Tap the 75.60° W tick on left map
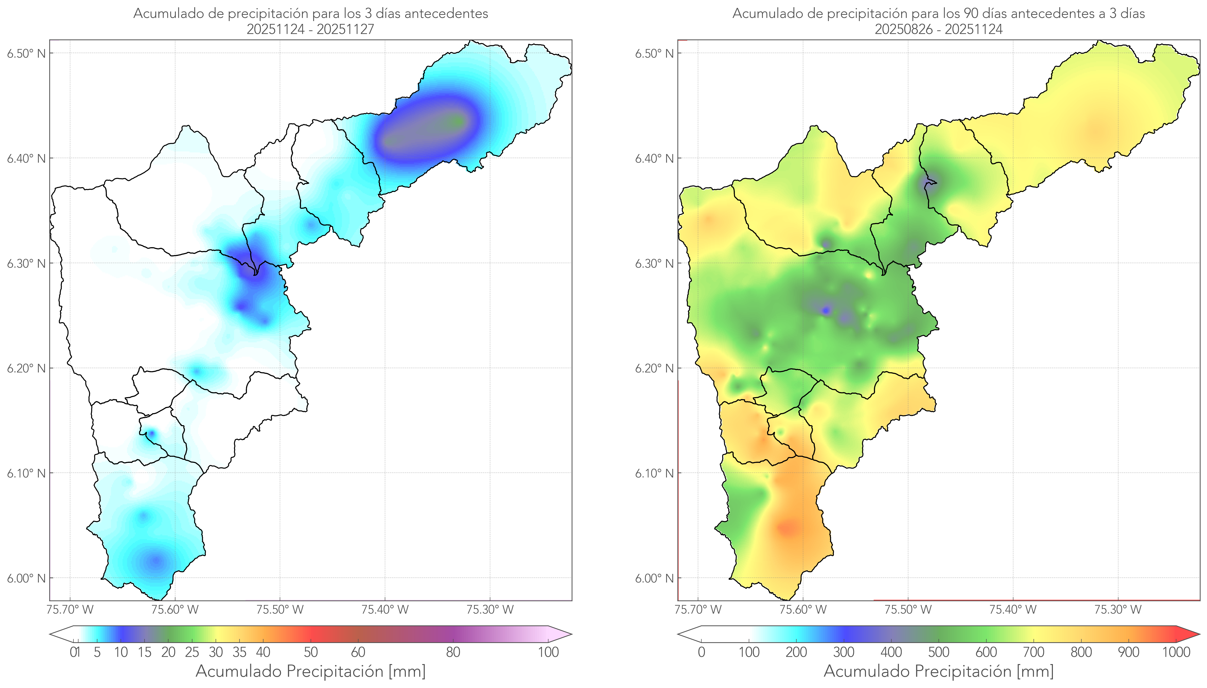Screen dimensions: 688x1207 [175, 610]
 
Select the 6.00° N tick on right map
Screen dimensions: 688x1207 [654, 578]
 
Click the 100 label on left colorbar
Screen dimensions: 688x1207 [548, 652]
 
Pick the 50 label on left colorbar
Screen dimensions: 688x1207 [311, 652]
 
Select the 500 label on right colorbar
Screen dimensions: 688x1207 [939, 652]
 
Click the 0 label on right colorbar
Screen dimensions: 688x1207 [701, 652]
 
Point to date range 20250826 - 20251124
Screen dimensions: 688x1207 [939, 29]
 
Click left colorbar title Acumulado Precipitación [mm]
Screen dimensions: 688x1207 [311, 671]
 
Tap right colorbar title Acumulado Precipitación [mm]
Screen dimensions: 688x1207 [939, 671]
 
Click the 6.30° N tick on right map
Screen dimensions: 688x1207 [654, 263]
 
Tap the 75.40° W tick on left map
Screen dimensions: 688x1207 [385, 610]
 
